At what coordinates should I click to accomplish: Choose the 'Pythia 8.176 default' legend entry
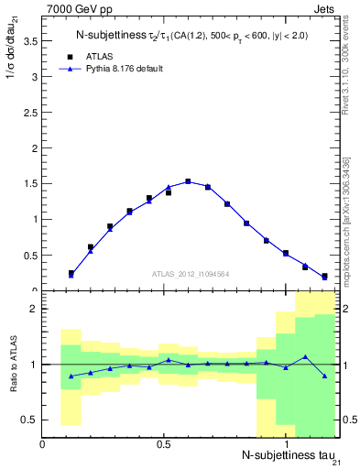(x=120, y=69)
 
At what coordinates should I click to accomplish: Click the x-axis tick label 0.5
(x=164, y=444)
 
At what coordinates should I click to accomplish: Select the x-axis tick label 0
(x=43, y=444)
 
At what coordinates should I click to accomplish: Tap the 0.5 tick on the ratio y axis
(x=29, y=420)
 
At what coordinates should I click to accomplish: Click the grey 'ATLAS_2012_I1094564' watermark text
(x=190, y=273)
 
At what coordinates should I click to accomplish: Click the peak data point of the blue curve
(x=188, y=181)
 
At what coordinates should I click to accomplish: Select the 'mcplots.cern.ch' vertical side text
(x=348, y=220)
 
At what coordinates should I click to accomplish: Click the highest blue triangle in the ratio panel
(x=305, y=356)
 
